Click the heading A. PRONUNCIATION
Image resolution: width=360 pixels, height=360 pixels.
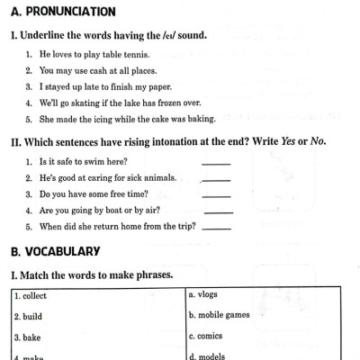63,13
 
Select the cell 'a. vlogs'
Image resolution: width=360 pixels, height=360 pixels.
261,295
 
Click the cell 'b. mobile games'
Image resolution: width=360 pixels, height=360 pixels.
261,317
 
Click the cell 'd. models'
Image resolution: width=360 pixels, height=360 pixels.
261,355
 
